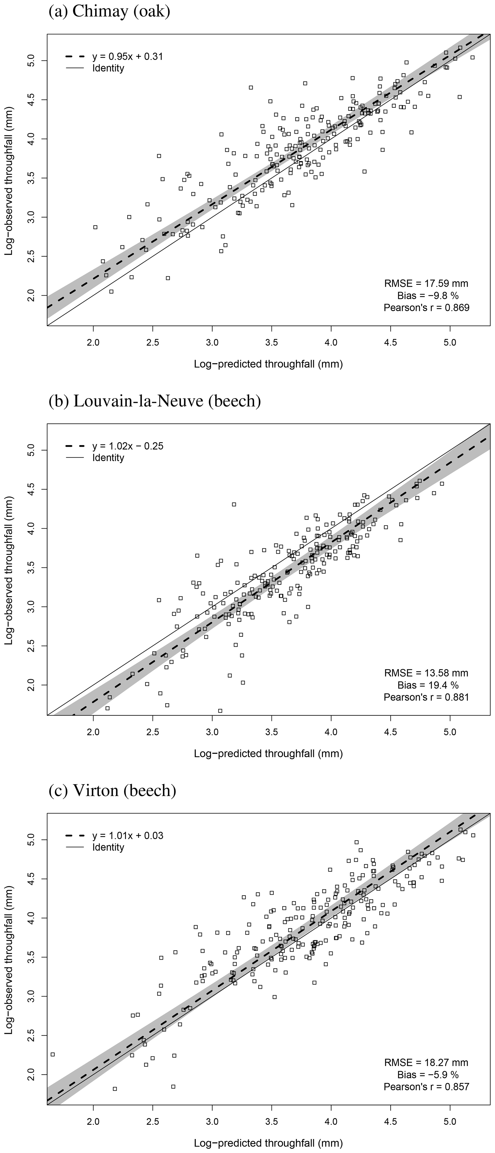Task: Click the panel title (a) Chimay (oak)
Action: (x=109, y=12)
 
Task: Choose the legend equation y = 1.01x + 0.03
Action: (x=127, y=836)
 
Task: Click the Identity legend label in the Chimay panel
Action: (x=108, y=69)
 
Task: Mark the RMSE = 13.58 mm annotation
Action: (x=426, y=673)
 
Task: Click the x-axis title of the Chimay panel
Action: (x=268, y=364)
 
